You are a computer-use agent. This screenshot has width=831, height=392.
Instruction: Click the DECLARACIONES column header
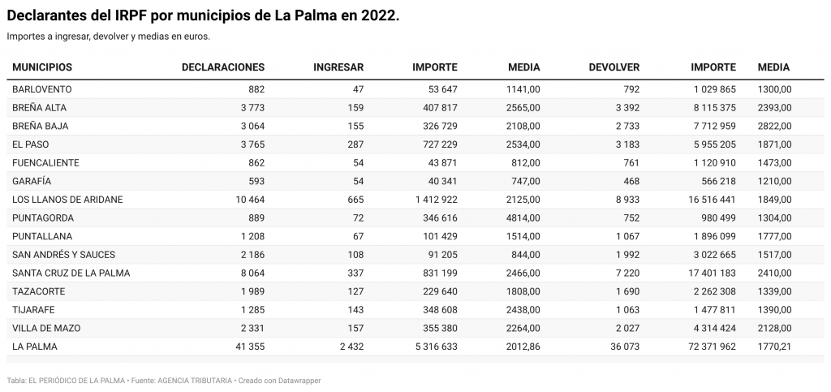pos(223,67)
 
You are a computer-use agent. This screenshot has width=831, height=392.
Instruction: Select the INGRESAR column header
pos(338,67)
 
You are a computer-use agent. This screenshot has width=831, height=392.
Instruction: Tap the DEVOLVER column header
pos(614,67)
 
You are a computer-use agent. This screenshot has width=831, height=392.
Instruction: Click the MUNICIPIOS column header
pos(42,67)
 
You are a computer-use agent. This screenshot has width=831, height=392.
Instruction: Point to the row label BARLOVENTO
pos(42,89)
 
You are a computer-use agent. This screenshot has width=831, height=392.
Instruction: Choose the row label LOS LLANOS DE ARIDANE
pos(67,200)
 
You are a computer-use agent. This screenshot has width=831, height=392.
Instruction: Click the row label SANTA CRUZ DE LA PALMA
pos(71,274)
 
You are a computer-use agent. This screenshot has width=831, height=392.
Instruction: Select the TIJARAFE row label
pos(33,310)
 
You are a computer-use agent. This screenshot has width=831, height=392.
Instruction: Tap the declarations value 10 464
pos(250,200)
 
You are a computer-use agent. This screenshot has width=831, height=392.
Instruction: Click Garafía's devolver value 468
pos(631,181)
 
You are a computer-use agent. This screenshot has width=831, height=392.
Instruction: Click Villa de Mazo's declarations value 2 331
pos(253,329)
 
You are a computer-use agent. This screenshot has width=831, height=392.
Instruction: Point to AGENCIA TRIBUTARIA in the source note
pos(195,381)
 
